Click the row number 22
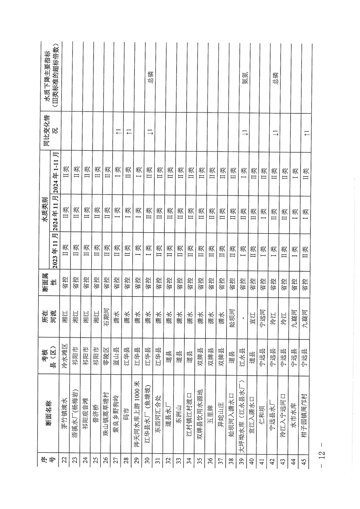(x=64, y=462)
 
